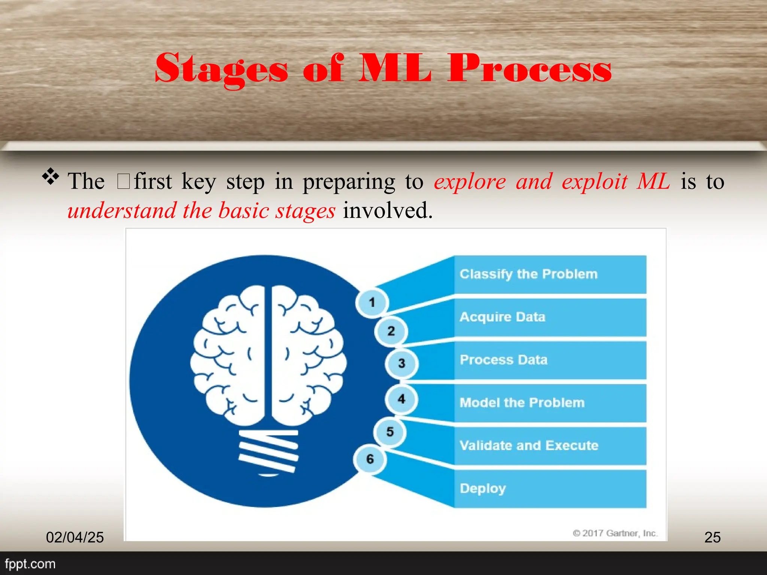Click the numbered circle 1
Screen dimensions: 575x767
tap(372, 302)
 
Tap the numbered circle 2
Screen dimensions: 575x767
tap(391, 331)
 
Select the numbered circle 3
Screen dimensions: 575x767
tap(401, 363)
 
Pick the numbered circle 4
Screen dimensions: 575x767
tap(401, 399)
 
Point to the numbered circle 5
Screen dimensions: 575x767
tap(390, 432)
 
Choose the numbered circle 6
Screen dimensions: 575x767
tap(370, 459)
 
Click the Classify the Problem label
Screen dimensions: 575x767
tap(528, 274)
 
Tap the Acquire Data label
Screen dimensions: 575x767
tap(502, 317)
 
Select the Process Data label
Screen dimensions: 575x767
tap(503, 360)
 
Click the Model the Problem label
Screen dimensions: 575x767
tap(522, 403)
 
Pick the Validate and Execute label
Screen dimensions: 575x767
tap(528, 445)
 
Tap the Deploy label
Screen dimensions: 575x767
tap(482, 489)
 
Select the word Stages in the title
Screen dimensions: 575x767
tap(222, 69)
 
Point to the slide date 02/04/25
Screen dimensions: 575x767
tap(75, 537)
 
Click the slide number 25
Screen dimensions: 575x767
tap(712, 537)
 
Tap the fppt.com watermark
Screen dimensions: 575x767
tap(30, 564)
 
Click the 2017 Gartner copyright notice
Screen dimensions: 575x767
tap(615, 533)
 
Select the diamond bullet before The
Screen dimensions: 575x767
tap(51, 177)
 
